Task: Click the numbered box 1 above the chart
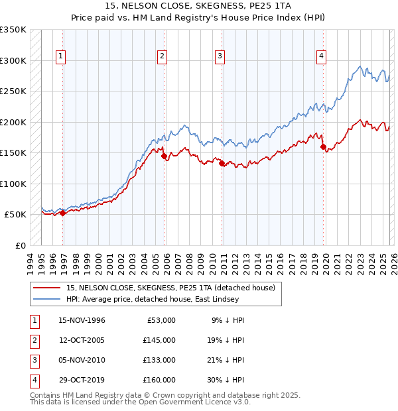[60, 57]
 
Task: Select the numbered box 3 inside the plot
[219, 57]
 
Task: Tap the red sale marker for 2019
[323, 147]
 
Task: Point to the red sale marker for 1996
[63, 213]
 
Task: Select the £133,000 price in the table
[159, 360]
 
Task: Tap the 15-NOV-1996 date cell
[82, 320]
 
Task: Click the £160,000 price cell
[159, 380]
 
